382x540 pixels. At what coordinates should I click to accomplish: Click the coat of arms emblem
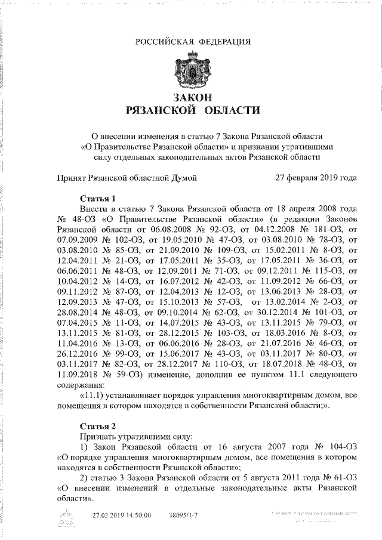click(x=192, y=69)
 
